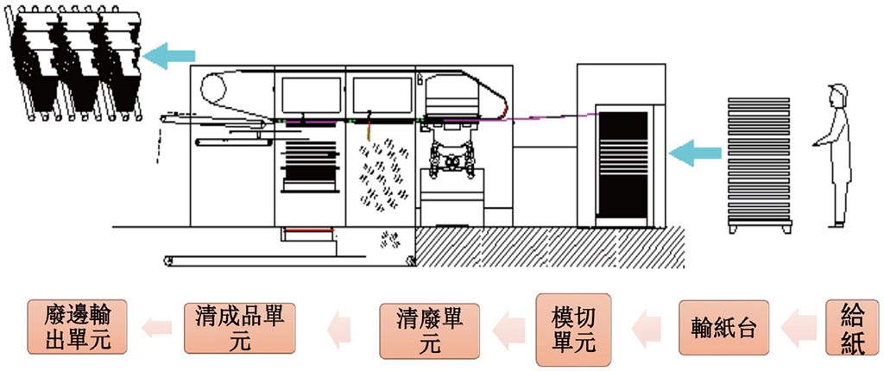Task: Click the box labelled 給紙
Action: [x=852, y=328]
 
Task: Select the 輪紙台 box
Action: [x=723, y=329]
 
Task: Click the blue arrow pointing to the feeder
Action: [x=697, y=154]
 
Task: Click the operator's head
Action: [x=835, y=95]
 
